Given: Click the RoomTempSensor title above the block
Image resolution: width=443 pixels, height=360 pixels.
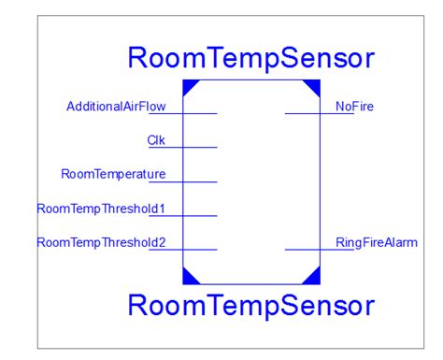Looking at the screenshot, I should point(251,59).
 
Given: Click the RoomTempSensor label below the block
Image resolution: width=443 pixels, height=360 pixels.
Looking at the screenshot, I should point(251,305).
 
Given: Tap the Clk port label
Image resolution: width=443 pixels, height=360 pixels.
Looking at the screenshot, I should point(156,140).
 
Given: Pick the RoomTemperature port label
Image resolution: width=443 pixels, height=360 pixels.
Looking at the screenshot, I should point(113,174).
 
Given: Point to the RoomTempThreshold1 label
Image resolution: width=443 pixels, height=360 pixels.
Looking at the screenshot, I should point(101,208).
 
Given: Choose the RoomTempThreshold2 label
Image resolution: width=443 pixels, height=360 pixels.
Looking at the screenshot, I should point(101,242).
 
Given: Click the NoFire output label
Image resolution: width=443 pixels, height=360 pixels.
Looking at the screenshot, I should point(354,107).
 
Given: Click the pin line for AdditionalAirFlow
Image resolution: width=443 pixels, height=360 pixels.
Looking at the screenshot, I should point(199,114).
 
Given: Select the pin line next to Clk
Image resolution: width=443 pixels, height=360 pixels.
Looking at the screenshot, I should point(199,148).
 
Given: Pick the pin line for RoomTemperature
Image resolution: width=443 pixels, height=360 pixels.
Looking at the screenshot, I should point(199,181).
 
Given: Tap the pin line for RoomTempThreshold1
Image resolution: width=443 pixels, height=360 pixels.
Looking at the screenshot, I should point(199,215).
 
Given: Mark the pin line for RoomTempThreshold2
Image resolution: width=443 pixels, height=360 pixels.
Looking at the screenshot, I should point(199,250).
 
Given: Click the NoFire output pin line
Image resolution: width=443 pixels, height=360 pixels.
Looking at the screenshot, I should point(303,114).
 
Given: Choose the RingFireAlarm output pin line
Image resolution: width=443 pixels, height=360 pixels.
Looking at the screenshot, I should point(303,250).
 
